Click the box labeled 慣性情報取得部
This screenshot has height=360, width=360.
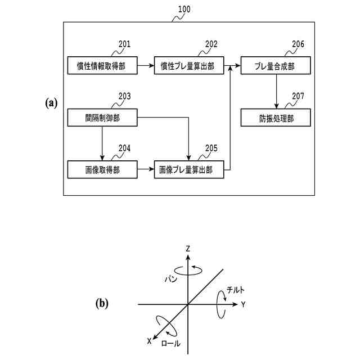pos(102,65)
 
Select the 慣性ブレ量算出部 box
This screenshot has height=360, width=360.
pos(189,65)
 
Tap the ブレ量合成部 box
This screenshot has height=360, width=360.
pos(276,65)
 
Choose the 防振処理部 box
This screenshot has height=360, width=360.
pos(276,118)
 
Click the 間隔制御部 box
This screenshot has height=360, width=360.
pos(102,118)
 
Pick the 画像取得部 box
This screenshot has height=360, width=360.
pos(102,169)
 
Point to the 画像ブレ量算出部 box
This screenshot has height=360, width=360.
pos(189,169)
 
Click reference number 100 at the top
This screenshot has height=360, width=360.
pos(184,9)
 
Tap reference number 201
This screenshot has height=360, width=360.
pos(124,44)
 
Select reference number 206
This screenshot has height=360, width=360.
pos(298,44)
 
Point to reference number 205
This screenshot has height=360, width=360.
pos(211,148)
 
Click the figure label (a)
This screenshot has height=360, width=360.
pos(51,103)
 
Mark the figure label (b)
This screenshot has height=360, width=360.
pos(102,304)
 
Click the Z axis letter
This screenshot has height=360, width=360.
pos(188,249)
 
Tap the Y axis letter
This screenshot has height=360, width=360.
pos(244,304)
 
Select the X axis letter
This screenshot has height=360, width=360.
pos(150,341)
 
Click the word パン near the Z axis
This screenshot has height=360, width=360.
pos(171,279)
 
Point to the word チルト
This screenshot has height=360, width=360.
pos(235,290)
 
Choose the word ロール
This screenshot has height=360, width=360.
pos(171,344)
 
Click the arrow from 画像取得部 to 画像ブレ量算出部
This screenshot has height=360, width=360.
pos(146,169)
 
